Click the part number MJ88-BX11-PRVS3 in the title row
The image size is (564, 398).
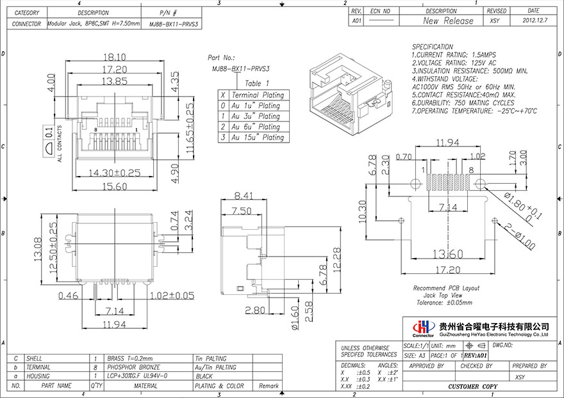point(174,24)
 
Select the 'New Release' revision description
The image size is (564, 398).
point(449,20)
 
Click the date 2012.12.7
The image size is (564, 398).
point(533,20)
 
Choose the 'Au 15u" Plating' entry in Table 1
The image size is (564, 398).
point(257,137)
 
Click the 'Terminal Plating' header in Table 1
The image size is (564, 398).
point(257,95)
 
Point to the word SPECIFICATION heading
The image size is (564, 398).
point(432,47)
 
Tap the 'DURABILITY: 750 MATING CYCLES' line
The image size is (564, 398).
point(462,102)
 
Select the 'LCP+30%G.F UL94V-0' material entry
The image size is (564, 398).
point(137,376)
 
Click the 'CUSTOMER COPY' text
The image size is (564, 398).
point(473,388)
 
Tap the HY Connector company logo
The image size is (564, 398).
point(424,328)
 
